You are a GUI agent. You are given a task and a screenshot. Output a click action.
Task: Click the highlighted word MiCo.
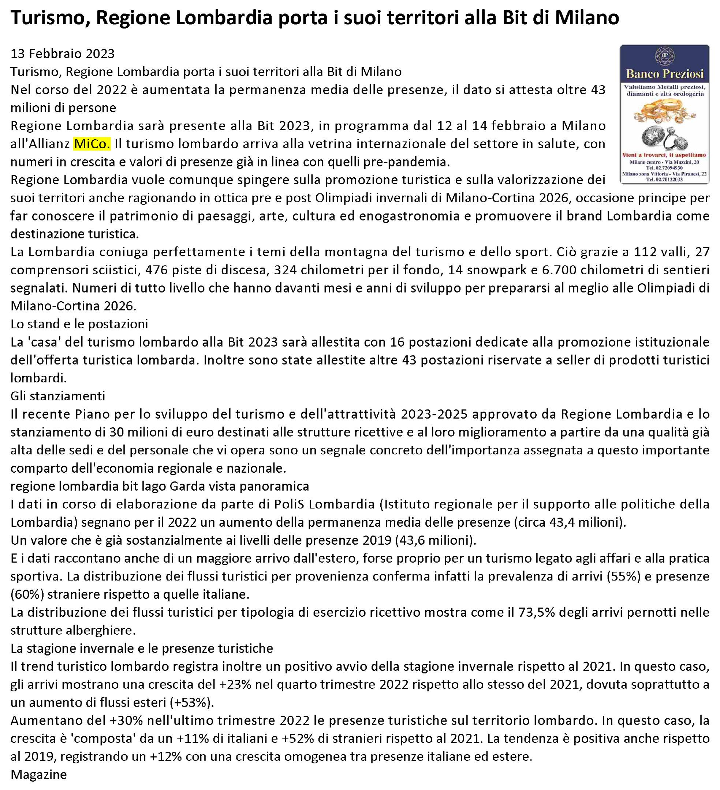(92, 144)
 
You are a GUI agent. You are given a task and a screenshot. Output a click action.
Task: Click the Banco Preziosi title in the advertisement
(665, 74)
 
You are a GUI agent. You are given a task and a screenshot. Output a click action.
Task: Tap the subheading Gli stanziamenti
(58, 396)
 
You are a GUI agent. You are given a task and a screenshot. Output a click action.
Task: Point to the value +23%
(234, 684)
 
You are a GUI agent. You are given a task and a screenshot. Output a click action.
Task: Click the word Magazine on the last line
(38, 775)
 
